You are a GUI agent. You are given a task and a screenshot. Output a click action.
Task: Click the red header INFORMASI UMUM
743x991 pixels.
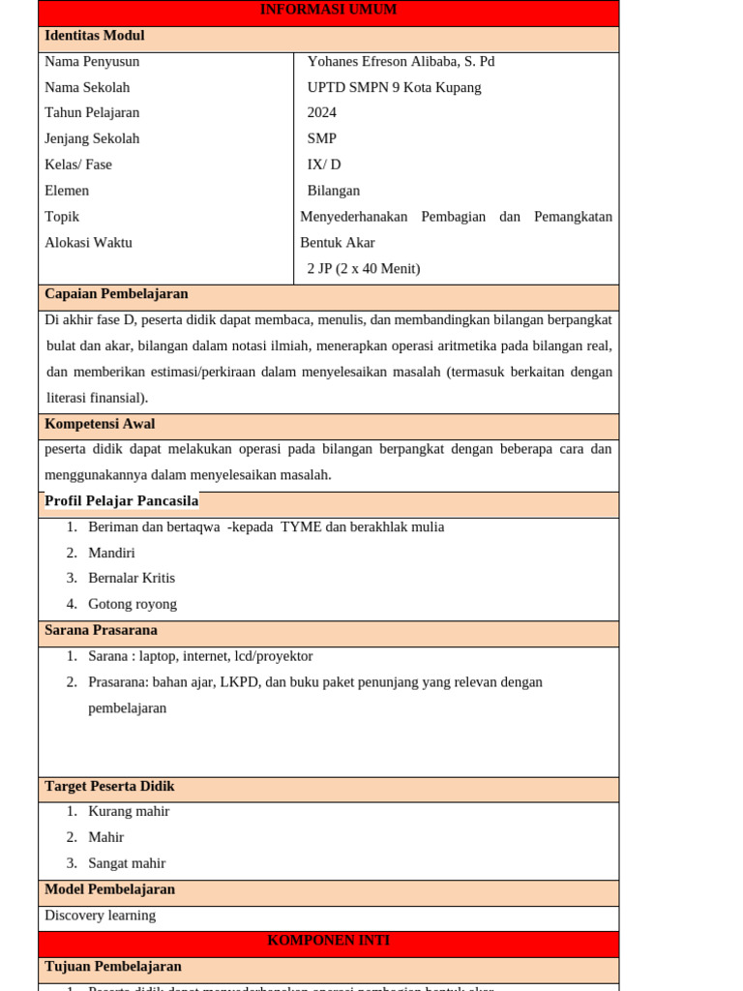click(x=328, y=10)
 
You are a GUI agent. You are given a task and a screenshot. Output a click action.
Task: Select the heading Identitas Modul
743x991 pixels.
click(x=94, y=36)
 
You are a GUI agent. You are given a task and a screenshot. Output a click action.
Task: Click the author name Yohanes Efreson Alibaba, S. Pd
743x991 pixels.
click(x=401, y=61)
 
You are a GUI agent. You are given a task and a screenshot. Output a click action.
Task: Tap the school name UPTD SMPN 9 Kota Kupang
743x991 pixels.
click(x=394, y=87)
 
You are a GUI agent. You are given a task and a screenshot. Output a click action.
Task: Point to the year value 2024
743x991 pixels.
click(x=322, y=112)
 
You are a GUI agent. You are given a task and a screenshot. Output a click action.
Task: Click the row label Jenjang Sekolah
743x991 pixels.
click(x=92, y=138)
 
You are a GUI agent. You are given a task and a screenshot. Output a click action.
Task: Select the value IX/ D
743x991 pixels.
click(x=324, y=165)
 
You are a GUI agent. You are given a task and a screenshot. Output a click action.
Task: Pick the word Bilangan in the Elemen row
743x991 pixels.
click(x=334, y=191)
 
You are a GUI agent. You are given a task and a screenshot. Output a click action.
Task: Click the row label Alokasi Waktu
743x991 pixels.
click(x=88, y=242)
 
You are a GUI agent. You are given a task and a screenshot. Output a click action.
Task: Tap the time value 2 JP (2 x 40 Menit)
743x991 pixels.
click(x=364, y=268)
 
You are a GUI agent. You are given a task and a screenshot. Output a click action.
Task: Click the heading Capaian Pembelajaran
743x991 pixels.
click(x=116, y=293)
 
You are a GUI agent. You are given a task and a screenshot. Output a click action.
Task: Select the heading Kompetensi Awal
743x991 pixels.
click(x=100, y=424)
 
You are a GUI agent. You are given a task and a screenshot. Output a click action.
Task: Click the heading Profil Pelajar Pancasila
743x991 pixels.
click(x=121, y=500)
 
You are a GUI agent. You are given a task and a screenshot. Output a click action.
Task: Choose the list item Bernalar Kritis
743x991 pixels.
click(x=132, y=578)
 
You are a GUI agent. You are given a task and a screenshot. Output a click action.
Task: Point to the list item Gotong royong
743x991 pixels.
click(x=133, y=604)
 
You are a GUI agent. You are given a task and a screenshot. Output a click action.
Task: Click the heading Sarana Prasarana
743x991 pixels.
click(x=101, y=630)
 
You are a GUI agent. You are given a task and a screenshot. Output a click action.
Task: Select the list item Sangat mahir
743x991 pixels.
click(x=127, y=862)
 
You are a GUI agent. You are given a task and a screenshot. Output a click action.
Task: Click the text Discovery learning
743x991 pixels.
click(x=100, y=915)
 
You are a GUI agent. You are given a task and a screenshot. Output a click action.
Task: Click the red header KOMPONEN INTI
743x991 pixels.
click(x=328, y=940)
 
